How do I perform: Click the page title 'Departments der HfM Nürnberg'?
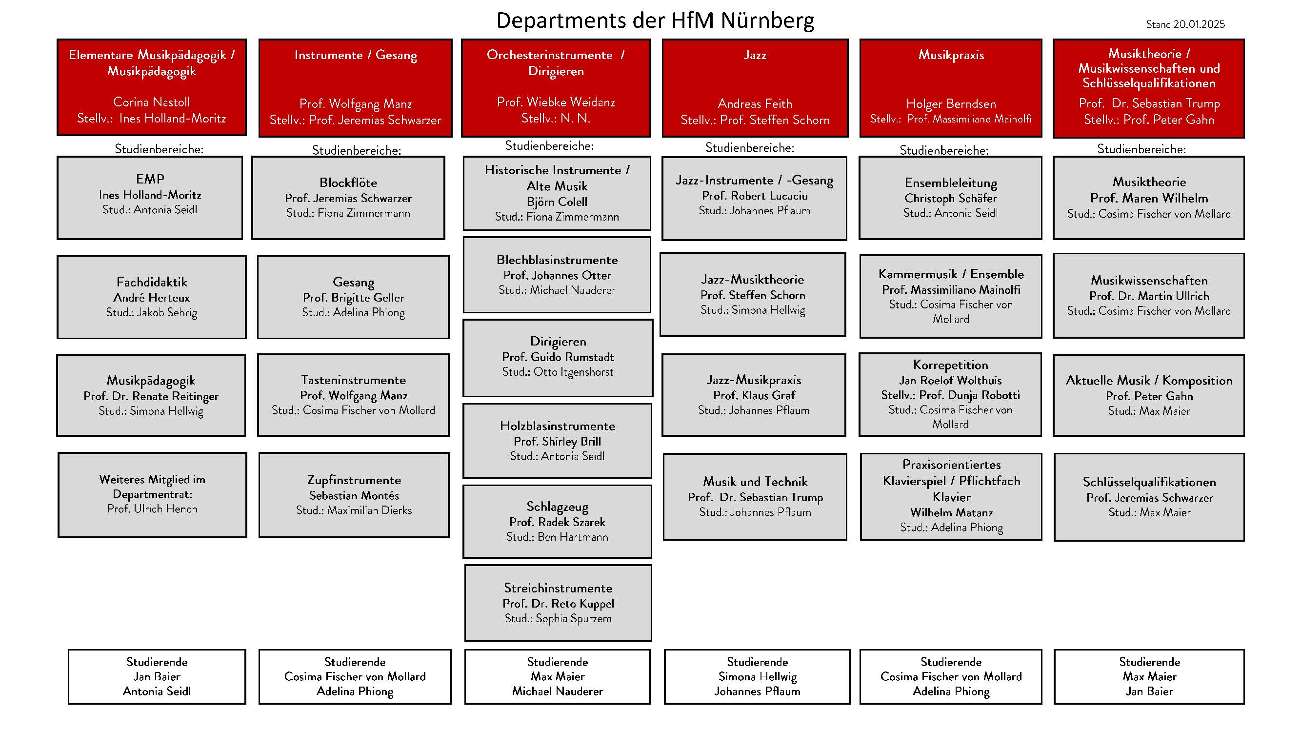(655, 20)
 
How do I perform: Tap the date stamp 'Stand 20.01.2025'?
(1185, 24)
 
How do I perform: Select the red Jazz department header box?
(755, 88)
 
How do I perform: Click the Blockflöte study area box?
(348, 198)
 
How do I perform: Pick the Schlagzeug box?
(558, 521)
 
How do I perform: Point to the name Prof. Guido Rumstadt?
(558, 357)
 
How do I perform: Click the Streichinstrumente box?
(558, 603)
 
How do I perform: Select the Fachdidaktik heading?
(152, 282)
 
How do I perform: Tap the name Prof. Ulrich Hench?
(152, 508)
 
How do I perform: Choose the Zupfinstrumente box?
(354, 495)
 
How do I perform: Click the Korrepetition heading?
(950, 365)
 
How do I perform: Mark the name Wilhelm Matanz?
(952, 513)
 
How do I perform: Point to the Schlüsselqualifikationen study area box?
(1149, 497)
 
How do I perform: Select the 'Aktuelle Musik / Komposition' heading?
(1149, 381)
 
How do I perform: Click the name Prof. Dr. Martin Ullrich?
(1149, 296)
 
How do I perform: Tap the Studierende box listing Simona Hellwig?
(757, 676)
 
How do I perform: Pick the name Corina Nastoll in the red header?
(152, 102)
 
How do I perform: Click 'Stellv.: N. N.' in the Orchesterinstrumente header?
(556, 118)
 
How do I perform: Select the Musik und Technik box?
(755, 497)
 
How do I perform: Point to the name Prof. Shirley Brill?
(558, 442)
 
